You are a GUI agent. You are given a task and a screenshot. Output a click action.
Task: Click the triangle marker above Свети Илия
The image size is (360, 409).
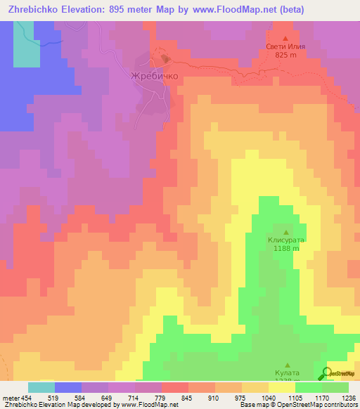[285, 38]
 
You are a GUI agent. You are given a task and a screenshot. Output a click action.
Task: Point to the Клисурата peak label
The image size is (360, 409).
[285, 240]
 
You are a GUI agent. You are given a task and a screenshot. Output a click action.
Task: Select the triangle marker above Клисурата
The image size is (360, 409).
[285, 232]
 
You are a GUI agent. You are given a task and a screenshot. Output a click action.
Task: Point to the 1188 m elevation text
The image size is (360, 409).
[285, 248]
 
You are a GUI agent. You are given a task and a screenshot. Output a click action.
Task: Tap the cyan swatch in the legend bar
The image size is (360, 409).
[41, 387]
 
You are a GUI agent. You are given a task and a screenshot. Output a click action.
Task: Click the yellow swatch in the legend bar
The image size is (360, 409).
[282, 387]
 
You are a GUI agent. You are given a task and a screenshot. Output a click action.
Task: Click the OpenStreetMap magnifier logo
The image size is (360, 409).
[327, 374]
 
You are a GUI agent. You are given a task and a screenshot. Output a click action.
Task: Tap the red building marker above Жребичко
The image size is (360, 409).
[165, 59]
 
